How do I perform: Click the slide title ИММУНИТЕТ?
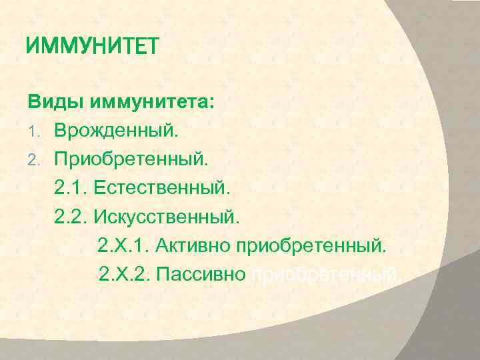[93, 46]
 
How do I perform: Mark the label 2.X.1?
[123, 247]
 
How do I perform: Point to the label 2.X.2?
[123, 275]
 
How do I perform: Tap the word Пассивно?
[201, 275]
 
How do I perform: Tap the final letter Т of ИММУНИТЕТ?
[153, 46]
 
